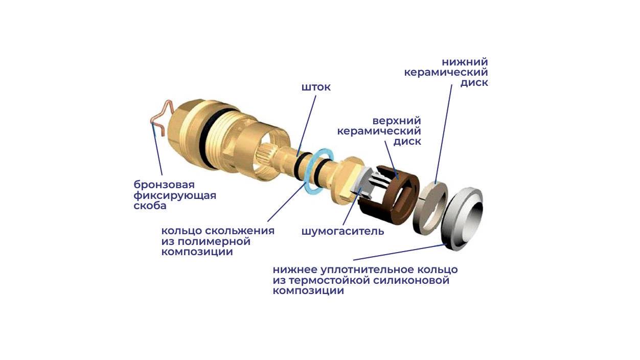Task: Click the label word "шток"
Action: click(x=316, y=87)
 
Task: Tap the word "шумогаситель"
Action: click(x=342, y=231)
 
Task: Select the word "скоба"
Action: click(x=150, y=206)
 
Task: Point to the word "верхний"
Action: click(x=397, y=121)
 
